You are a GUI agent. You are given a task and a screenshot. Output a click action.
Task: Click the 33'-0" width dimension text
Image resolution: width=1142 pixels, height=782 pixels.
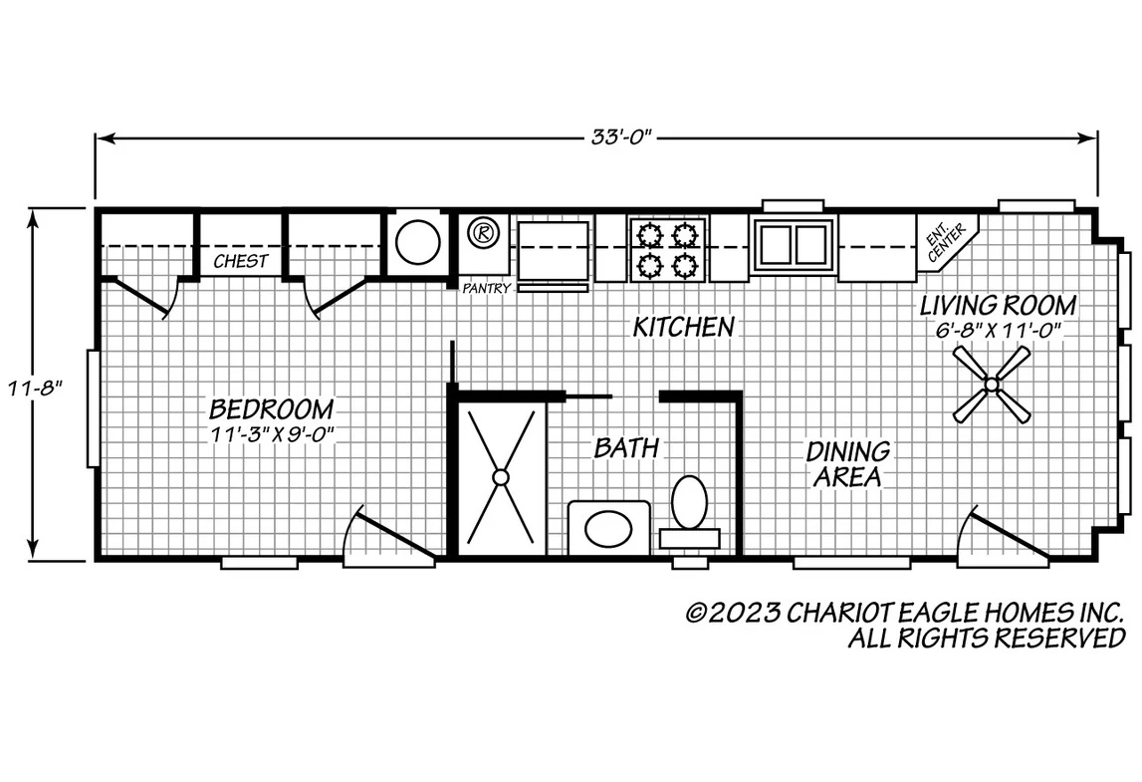point(619,137)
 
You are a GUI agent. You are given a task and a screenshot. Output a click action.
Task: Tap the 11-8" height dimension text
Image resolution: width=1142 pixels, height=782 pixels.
point(33,388)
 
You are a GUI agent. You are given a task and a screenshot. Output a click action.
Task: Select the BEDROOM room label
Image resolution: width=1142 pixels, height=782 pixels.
point(272,408)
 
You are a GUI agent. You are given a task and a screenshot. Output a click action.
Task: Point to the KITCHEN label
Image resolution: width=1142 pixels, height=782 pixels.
point(683,327)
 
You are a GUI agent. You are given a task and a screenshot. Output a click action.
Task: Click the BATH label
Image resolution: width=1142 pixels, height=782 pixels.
point(626,447)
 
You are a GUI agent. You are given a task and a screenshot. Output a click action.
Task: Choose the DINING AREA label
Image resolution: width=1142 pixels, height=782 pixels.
point(847,464)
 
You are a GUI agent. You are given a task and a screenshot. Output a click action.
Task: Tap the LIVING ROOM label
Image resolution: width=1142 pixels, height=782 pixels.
point(999,305)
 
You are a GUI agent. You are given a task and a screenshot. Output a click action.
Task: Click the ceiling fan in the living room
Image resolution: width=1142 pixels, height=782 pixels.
point(992,384)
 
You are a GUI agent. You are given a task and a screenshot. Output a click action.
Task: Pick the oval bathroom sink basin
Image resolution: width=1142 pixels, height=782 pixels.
point(609,529)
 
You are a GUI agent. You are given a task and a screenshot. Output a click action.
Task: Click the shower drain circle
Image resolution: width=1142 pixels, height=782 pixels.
point(501,477)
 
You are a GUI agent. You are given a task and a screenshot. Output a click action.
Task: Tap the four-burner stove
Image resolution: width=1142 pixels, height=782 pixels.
point(666,249)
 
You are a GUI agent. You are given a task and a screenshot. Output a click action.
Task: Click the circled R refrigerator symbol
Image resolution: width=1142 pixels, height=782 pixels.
point(482,233)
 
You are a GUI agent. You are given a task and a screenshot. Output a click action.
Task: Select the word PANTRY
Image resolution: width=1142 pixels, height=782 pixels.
point(487,289)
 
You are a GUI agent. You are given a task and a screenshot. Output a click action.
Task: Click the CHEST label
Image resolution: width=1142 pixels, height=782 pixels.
point(241,261)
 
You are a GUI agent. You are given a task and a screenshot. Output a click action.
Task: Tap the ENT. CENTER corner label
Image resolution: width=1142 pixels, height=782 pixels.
point(946,242)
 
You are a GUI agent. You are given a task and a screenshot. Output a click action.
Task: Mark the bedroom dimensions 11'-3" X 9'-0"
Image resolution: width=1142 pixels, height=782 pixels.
point(272,433)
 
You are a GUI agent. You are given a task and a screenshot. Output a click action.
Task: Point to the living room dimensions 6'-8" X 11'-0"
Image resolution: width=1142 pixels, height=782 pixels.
point(999,330)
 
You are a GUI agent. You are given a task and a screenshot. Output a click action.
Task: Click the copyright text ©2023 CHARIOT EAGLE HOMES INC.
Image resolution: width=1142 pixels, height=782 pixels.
point(906,613)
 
